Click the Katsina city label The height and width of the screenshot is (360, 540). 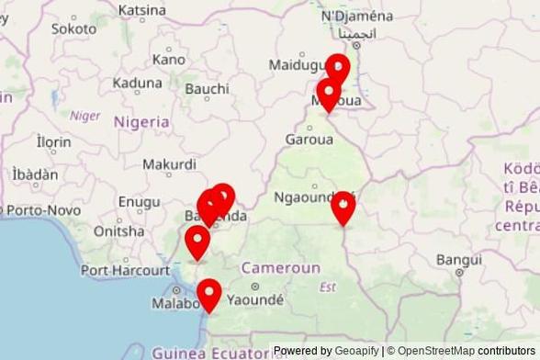click(x=142, y=10)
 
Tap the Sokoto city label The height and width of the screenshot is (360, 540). click(x=73, y=28)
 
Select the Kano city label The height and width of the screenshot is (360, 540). click(x=169, y=59)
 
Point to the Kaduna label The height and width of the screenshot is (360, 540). click(x=137, y=83)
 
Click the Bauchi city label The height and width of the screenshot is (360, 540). click(x=207, y=88)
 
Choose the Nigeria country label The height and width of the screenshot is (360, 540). click(x=141, y=121)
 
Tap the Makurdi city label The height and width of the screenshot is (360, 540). click(x=169, y=164)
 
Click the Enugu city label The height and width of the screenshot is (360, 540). click(x=140, y=201)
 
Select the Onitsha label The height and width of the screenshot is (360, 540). click(x=119, y=231)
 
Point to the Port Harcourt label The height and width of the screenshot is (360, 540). click(x=125, y=270)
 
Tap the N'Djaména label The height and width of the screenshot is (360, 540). click(x=357, y=16)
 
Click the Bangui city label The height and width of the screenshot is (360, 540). click(x=459, y=260)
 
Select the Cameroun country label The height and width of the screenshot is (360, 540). click(x=280, y=268)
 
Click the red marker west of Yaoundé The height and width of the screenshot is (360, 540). click(x=210, y=295)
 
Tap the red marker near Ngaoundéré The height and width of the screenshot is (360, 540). click(x=343, y=208)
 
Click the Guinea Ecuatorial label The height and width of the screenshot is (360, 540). click(x=211, y=353)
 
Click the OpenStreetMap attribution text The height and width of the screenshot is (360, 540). click(x=435, y=351)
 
